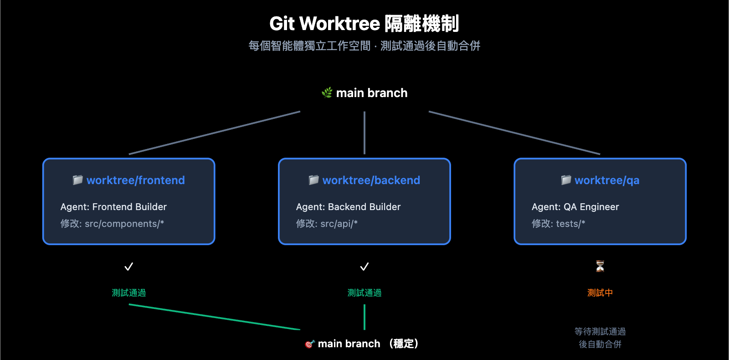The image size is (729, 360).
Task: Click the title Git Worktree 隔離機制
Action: tap(364, 24)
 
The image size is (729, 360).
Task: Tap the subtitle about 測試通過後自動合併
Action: tap(364, 46)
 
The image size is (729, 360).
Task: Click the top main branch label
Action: tap(371, 93)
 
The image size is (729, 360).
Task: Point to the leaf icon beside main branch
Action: tap(327, 93)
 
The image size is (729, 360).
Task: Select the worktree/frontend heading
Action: tap(135, 180)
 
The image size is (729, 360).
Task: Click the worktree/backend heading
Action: tap(371, 180)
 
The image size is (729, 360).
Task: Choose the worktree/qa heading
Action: tap(606, 180)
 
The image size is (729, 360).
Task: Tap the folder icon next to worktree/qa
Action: tap(566, 180)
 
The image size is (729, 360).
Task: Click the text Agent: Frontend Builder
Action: tap(113, 207)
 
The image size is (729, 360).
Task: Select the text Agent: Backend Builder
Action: tap(348, 207)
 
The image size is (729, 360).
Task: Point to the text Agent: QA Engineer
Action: tap(575, 207)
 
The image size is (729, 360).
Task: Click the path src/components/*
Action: tap(124, 224)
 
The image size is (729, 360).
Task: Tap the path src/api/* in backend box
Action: tap(339, 224)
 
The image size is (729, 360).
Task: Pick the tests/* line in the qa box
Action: tap(570, 224)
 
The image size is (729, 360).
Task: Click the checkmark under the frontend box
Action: tap(129, 267)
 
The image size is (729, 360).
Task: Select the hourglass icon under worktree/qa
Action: tap(600, 266)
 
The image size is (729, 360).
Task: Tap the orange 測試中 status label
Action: tap(600, 293)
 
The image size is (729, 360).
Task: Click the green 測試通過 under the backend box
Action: tap(364, 293)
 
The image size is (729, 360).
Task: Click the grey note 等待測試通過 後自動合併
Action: tap(600, 338)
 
